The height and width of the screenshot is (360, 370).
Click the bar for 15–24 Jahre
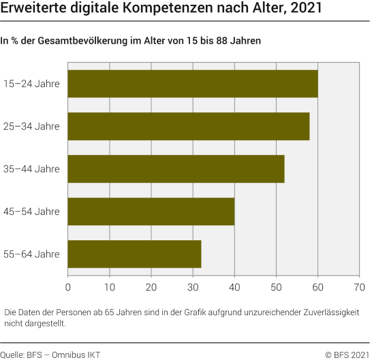click(193, 84)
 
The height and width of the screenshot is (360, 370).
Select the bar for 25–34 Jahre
click(189, 126)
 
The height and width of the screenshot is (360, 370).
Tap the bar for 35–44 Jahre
click(176, 169)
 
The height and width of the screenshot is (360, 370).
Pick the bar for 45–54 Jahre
click(151, 211)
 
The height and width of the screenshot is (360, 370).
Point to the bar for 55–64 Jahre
click(135, 254)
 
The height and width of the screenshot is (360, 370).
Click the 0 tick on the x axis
click(69, 287)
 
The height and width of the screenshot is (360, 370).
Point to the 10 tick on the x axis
click(110, 287)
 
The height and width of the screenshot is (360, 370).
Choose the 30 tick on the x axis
click(193, 287)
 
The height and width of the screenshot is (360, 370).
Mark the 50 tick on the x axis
click(276, 287)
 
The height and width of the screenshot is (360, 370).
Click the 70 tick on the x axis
click(359, 287)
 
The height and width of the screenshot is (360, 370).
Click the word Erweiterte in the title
click(31, 11)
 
